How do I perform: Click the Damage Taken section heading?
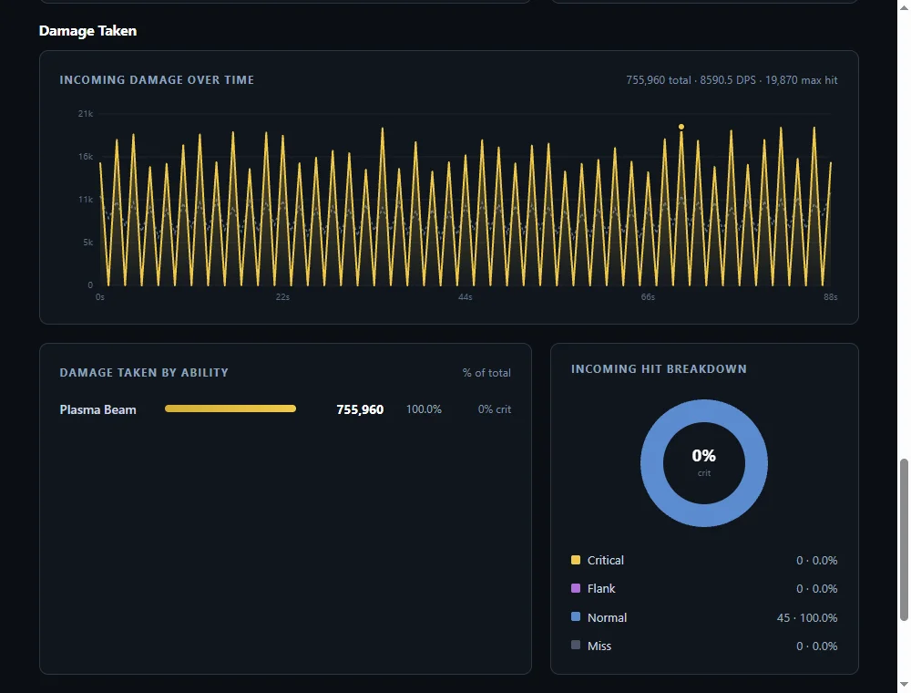(x=87, y=31)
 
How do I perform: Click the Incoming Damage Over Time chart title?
(x=157, y=79)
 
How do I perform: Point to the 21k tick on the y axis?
(x=86, y=113)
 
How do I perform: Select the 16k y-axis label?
(x=86, y=157)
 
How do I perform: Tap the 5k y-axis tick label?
(x=87, y=242)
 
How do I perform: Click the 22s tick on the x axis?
(x=282, y=297)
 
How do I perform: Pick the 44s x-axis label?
(x=466, y=297)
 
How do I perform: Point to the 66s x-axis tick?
(x=648, y=297)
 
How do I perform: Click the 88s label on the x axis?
(x=830, y=297)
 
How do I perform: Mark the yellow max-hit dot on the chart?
(x=681, y=127)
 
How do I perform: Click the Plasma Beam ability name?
(x=97, y=409)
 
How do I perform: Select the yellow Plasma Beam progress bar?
(x=230, y=409)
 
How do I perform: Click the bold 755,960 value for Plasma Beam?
(x=360, y=409)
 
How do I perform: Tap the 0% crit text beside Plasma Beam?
(x=495, y=409)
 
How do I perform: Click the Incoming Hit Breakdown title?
(x=659, y=369)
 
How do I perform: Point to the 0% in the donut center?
(x=703, y=455)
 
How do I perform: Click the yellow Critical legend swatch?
(x=576, y=560)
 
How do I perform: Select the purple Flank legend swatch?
(x=576, y=588)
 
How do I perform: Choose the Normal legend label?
(x=607, y=617)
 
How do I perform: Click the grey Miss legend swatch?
(x=576, y=645)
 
